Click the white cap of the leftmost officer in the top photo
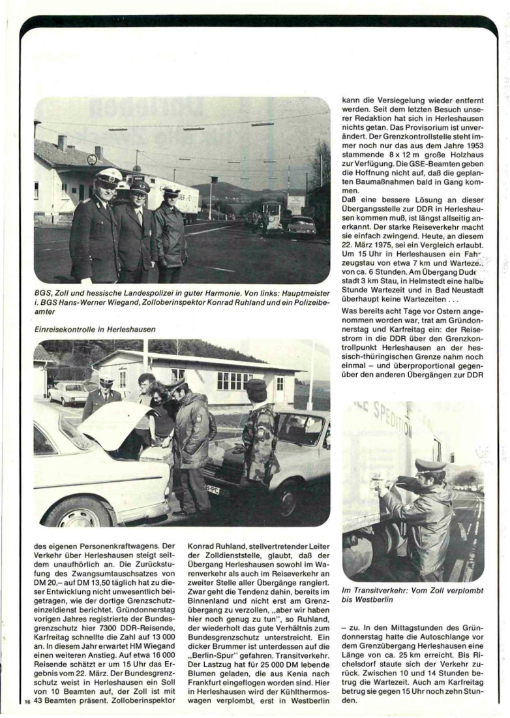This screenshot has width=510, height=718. pos(108,176)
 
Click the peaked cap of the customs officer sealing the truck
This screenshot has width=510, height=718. pos(430,465)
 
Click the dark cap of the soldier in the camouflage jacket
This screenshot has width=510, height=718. pos(256,385)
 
